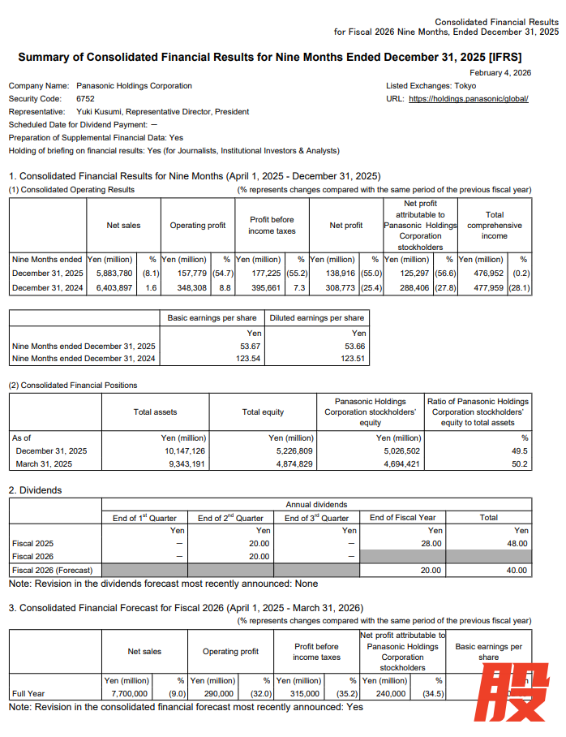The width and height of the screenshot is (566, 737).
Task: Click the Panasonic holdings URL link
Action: (x=469, y=98)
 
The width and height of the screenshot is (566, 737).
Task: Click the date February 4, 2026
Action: (x=500, y=72)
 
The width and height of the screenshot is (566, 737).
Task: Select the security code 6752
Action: (x=86, y=98)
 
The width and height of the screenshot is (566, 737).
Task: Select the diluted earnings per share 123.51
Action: (x=354, y=359)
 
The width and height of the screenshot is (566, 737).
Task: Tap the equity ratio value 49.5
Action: (x=520, y=450)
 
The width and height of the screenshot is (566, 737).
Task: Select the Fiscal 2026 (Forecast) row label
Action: (x=53, y=570)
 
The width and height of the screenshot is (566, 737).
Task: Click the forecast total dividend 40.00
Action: (x=517, y=570)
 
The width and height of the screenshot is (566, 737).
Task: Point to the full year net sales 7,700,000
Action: (x=130, y=694)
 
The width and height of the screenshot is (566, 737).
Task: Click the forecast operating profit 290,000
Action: (x=218, y=694)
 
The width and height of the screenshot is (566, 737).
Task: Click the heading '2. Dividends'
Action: (x=35, y=490)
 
